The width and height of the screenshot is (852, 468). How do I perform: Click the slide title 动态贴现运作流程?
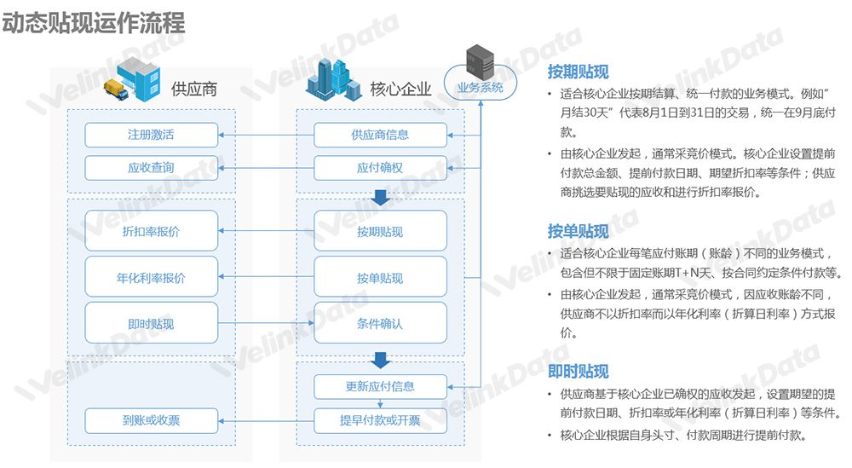click(x=94, y=22)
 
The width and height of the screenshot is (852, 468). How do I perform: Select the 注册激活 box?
click(x=151, y=135)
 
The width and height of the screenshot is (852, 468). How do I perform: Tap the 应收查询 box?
click(x=151, y=168)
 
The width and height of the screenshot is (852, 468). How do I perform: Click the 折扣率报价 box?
click(x=151, y=231)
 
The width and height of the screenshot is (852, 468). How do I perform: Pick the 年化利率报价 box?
click(x=151, y=278)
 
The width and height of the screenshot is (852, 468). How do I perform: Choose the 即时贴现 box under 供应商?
click(x=151, y=323)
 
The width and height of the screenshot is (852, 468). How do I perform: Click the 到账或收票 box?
click(x=151, y=419)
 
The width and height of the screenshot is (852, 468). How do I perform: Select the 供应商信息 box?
click(x=380, y=135)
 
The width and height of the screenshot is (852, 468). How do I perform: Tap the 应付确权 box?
click(x=380, y=168)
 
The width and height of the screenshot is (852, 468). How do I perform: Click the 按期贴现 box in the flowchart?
click(x=380, y=231)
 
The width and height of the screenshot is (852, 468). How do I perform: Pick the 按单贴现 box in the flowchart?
click(x=380, y=278)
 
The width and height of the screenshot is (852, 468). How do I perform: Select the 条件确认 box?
click(x=380, y=323)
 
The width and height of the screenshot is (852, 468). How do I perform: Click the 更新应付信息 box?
click(x=380, y=386)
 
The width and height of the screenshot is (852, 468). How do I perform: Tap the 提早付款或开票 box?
click(x=380, y=419)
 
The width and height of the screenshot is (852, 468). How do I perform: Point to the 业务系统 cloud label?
click(x=481, y=87)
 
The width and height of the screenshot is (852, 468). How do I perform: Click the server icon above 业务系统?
click(x=481, y=59)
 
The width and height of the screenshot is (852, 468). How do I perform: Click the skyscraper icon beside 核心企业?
click(x=335, y=80)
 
